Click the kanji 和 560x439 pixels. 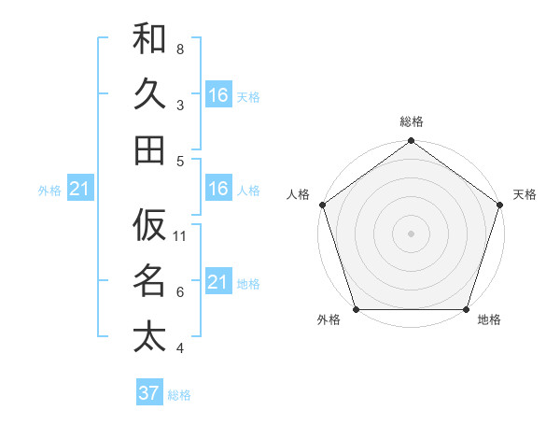click(149, 38)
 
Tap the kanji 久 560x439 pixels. click(149, 94)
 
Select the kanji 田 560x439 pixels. click(149, 150)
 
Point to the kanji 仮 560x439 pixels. click(149, 225)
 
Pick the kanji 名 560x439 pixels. click(149, 280)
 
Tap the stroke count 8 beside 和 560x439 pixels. click(180, 49)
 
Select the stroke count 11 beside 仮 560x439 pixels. click(180, 236)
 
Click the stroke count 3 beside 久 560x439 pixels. click(180, 105)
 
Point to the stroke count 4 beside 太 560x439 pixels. click(180, 348)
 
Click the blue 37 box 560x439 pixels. click(149, 393)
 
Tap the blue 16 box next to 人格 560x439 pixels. click(217, 190)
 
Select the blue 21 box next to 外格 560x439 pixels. click(79, 190)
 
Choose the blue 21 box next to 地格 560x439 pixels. click(217, 282)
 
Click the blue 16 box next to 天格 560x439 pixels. click(217, 95)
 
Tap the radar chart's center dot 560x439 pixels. click(411, 234)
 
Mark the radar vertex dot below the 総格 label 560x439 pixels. click(411, 142)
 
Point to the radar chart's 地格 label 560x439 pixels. click(489, 320)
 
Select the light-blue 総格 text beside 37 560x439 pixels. click(179, 395)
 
